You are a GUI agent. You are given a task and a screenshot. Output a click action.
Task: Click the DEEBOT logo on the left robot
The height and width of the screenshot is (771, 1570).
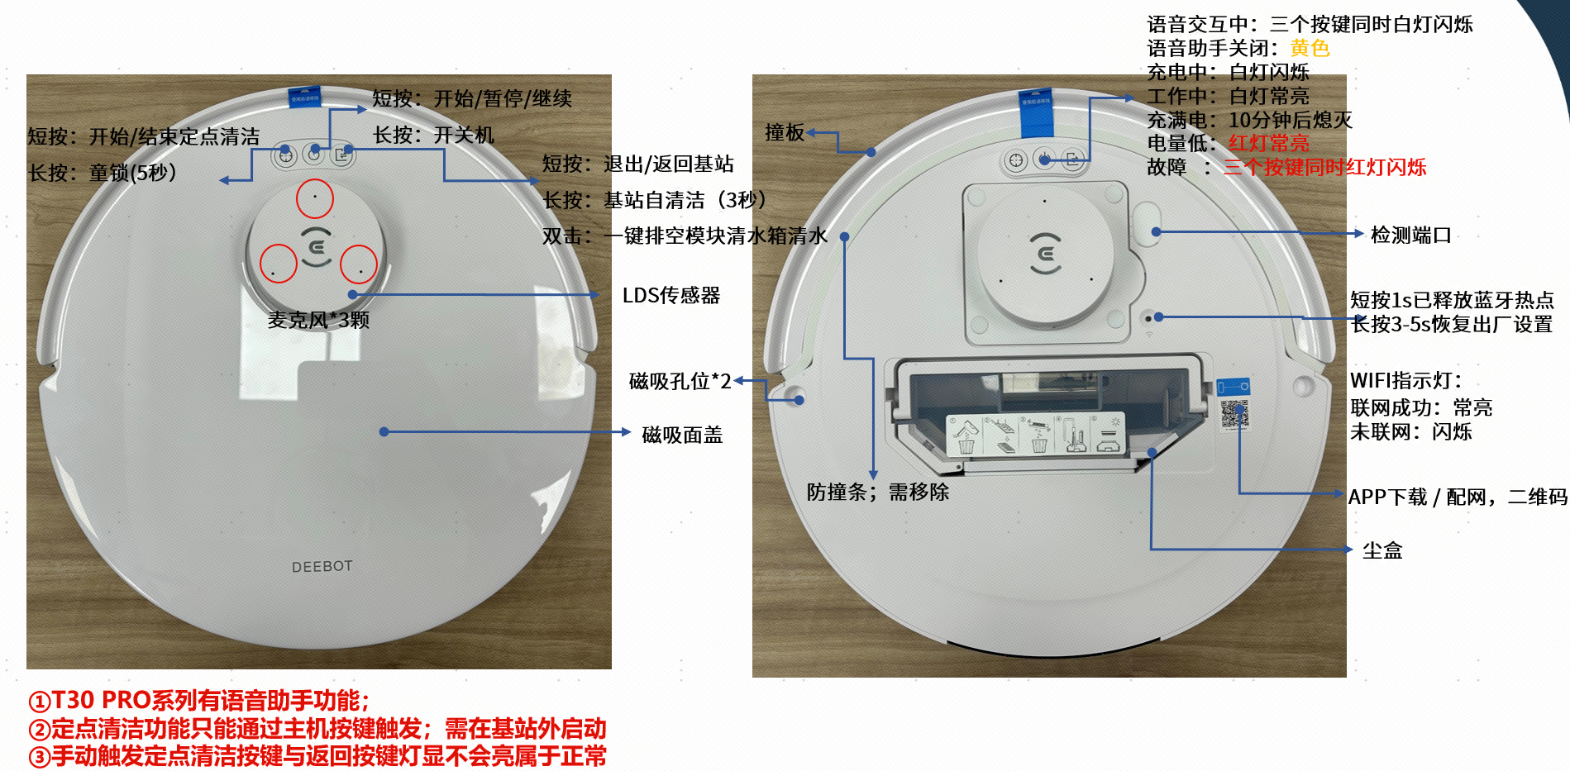coord(322,566)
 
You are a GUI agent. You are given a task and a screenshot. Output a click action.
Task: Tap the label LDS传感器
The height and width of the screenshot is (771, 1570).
coord(671,295)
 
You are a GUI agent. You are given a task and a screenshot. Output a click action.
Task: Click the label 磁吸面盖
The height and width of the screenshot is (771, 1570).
coord(682,435)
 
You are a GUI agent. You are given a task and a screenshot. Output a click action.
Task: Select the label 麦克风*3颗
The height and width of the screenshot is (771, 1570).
coord(318,320)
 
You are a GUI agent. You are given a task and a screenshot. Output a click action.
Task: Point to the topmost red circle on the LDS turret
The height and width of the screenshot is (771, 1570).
coord(315,198)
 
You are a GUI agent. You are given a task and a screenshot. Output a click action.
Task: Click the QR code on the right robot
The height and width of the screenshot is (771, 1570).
coord(1234,414)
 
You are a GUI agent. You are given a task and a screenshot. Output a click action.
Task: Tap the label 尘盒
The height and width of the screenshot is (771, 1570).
coord(1382,550)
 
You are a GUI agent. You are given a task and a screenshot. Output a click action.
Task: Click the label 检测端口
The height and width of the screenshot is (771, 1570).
coord(1411,235)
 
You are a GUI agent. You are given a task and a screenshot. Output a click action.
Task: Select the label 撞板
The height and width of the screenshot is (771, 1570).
coord(785,132)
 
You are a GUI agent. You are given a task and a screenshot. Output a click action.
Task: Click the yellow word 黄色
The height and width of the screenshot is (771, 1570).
coord(1310,48)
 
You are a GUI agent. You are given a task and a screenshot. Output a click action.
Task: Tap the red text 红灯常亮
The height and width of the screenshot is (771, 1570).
coord(1269,143)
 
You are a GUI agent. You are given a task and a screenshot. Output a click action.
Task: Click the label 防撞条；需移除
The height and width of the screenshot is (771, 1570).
coord(878,492)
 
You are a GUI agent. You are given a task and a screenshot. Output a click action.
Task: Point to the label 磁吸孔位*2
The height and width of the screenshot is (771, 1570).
coord(680,381)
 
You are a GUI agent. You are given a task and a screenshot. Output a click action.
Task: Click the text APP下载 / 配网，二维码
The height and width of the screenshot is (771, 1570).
coord(1458,497)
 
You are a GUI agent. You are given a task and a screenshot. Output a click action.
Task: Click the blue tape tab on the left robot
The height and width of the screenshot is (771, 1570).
coord(304,97)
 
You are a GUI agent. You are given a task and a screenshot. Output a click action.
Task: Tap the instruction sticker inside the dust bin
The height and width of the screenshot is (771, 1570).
coord(1036,434)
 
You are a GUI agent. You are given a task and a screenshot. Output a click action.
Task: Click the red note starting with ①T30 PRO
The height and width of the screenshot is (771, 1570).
coord(199,701)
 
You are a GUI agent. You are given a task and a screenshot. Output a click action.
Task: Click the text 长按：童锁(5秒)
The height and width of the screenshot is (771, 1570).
coord(103,173)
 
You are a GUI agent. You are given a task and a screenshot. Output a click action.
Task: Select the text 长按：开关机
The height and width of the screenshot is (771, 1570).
coord(433,135)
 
